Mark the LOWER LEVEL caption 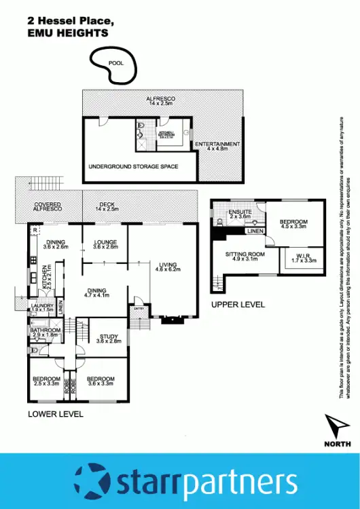click(x=55, y=413)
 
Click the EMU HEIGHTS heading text click(x=68, y=32)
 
